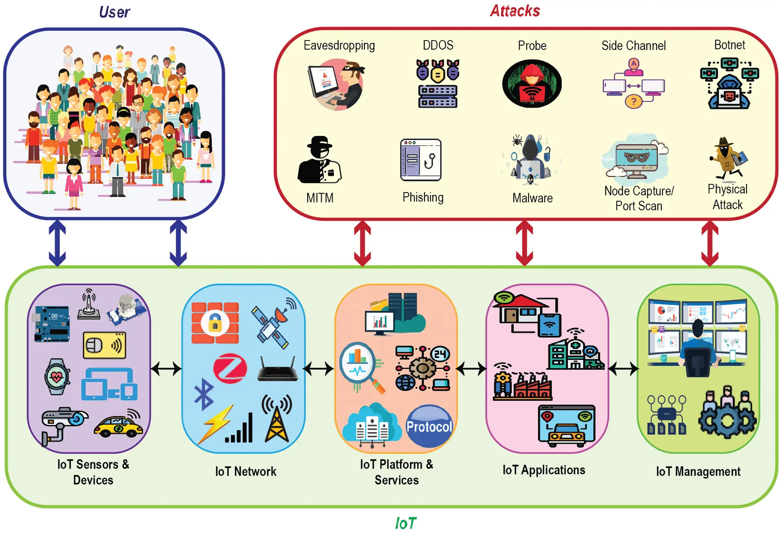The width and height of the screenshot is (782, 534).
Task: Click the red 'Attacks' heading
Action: (515, 11)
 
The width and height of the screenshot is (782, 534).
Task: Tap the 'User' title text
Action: (114, 12)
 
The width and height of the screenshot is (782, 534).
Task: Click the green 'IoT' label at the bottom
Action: (405, 523)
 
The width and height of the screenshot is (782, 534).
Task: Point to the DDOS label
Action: (438, 45)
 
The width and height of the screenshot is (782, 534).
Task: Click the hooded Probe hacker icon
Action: (532, 84)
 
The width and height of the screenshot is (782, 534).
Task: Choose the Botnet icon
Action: (729, 84)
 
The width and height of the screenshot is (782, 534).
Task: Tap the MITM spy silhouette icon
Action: (320, 160)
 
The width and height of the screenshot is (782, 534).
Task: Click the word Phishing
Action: (423, 197)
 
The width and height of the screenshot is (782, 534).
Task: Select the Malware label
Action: (532, 198)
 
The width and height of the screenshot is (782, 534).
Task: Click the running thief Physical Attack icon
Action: (728, 159)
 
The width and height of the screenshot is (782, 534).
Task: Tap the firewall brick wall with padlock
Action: (215, 323)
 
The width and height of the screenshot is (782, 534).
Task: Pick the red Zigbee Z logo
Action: (230, 368)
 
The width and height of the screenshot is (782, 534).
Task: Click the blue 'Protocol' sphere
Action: (429, 426)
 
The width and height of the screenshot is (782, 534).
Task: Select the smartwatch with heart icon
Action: (57, 376)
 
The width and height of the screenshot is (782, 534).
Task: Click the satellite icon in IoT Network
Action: (273, 323)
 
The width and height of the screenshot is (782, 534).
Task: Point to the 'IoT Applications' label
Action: (544, 470)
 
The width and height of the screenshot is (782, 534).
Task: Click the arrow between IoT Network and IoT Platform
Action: (318, 368)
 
